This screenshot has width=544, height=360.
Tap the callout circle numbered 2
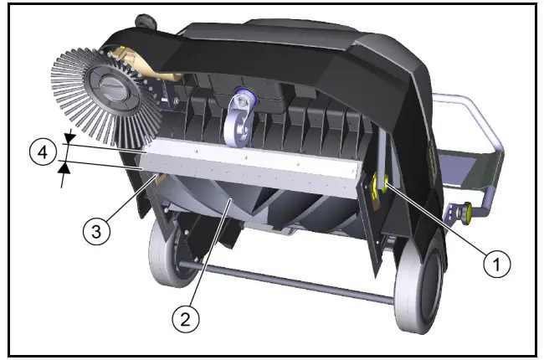(x=187, y=318)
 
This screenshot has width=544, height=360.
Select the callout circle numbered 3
(x=99, y=231)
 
